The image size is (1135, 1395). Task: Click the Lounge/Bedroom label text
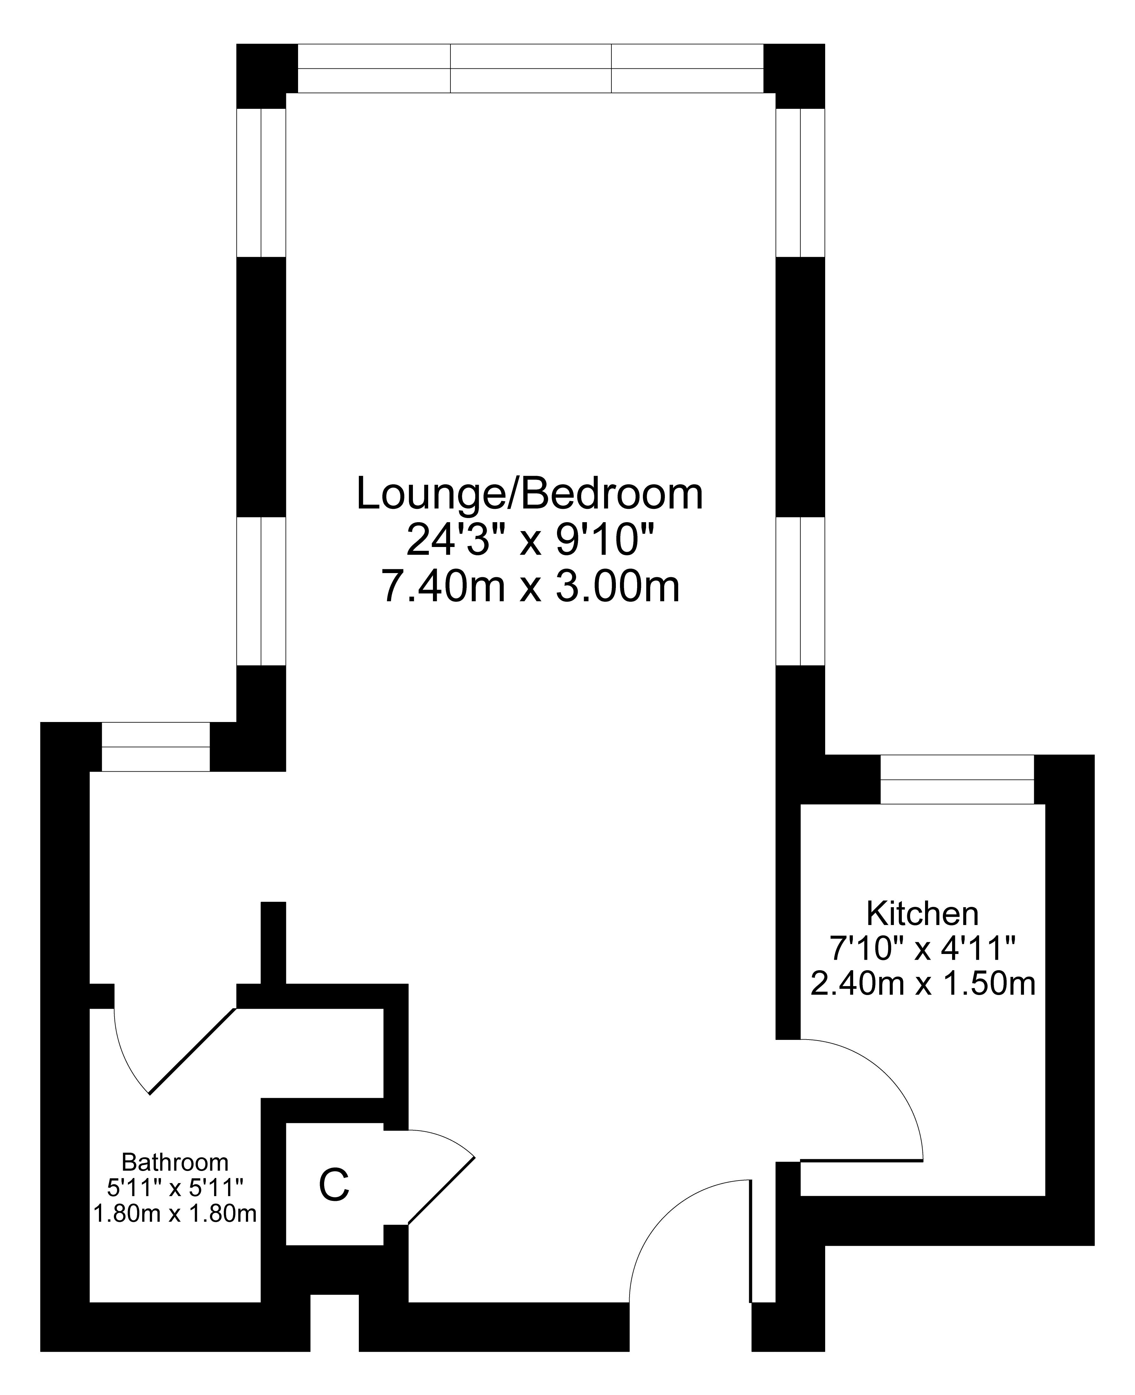pos(530,494)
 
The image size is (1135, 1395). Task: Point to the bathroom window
pos(156,747)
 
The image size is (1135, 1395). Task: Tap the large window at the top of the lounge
pos(530,68)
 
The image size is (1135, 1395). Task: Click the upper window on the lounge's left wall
pos(261,182)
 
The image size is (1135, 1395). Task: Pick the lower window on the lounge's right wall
pos(800,591)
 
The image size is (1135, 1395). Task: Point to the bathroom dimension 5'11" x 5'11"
pos(175,1188)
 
